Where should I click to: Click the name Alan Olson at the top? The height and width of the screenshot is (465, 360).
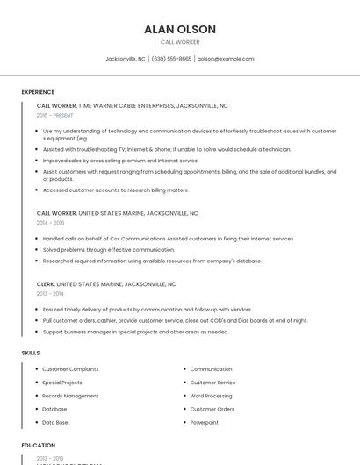tap(180, 29)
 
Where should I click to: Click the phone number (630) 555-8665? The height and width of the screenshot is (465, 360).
tap(171, 59)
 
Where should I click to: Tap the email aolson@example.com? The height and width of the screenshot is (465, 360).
tap(226, 59)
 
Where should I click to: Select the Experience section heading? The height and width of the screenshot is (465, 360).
tap(38, 91)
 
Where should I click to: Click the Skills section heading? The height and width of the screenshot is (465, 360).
tap(31, 353)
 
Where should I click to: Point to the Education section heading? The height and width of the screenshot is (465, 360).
tap(39, 445)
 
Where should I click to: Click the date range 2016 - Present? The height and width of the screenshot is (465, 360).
tap(54, 115)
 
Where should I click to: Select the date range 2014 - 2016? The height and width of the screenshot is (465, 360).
tap(50, 223)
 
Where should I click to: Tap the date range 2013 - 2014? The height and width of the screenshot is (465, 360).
tap(50, 294)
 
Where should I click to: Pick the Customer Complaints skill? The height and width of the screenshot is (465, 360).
tap(70, 369)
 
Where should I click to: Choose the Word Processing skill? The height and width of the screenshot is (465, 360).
tap(212, 396)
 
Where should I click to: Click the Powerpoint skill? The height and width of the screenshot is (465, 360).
tap(205, 422)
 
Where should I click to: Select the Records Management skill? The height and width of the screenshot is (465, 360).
tap(70, 396)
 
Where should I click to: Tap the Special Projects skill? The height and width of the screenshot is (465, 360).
tap(62, 383)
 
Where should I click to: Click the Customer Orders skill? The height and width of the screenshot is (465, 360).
tap(212, 409)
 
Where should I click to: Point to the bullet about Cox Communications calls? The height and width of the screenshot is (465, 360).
tap(168, 239)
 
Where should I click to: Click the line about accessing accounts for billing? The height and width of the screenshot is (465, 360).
tap(115, 190)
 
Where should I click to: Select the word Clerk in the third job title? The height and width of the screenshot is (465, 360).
tap(46, 284)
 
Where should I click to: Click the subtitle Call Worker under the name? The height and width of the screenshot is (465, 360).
tap(180, 42)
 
